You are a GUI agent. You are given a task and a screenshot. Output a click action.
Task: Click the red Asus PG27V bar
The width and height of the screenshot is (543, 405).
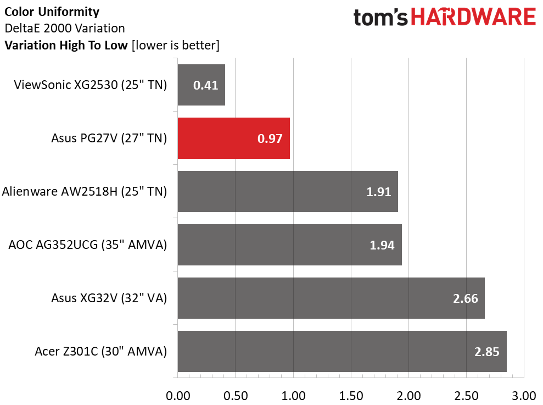click(x=234, y=138)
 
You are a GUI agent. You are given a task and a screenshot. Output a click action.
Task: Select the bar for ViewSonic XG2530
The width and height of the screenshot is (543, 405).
click(x=201, y=85)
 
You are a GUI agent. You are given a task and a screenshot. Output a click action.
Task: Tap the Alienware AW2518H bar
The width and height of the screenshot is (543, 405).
click(x=288, y=191)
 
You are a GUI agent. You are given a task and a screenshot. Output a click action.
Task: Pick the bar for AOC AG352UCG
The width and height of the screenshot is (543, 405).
click(x=290, y=245)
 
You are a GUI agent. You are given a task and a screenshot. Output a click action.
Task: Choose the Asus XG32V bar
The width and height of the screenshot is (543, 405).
click(x=332, y=298)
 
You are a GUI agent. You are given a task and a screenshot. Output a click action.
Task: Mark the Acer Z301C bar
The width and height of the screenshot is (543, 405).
click(x=342, y=351)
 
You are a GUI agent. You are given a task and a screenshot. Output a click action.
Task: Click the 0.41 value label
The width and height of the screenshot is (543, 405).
click(x=206, y=85)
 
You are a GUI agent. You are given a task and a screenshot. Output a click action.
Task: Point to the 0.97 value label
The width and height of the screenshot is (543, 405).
click(x=270, y=138)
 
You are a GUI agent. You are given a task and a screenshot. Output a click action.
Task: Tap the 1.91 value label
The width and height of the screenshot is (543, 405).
click(x=378, y=192)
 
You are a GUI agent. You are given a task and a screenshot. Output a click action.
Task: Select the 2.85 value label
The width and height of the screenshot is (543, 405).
click(x=487, y=352)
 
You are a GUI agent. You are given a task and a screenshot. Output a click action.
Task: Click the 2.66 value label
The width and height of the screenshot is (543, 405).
click(x=466, y=298)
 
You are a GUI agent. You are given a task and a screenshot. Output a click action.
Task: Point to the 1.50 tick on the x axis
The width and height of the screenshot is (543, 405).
click(x=351, y=396)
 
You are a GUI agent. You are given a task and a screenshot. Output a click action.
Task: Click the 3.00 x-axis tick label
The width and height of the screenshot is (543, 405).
click(x=524, y=396)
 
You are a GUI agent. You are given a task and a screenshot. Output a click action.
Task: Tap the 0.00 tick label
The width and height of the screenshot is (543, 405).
click(x=178, y=396)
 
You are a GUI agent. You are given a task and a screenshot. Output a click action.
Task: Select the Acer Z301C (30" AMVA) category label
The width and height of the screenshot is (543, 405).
click(x=101, y=351)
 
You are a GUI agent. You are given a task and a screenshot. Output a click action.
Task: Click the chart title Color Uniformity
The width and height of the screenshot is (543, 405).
click(x=52, y=12)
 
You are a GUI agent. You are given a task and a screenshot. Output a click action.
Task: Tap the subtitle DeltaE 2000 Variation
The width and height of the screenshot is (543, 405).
click(x=65, y=28)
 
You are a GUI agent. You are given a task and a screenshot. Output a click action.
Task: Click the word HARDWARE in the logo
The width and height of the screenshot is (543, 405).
click(x=473, y=16)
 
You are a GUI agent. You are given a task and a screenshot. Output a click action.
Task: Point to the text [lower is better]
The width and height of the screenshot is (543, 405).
click(x=176, y=46)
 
